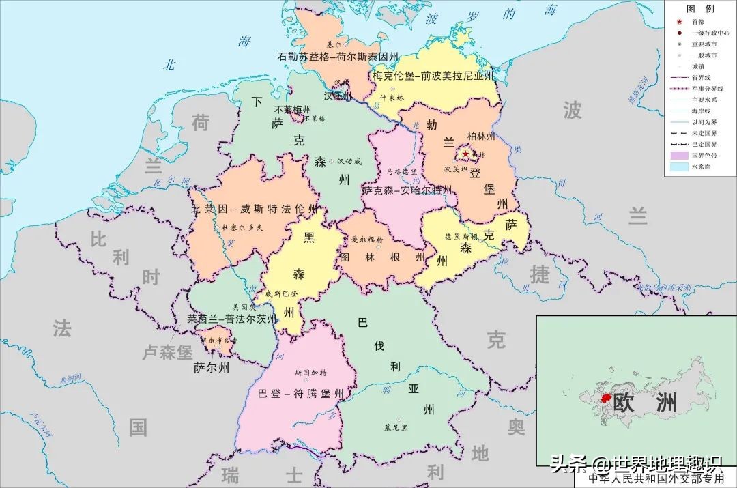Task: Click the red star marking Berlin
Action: (x=466, y=154)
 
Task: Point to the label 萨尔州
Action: (x=212, y=368)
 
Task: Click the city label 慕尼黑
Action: (x=396, y=428)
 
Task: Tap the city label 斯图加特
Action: (x=310, y=373)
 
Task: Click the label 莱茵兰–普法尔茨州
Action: (x=232, y=319)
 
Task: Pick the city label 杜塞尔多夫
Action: (x=242, y=227)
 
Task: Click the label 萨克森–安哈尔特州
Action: (x=407, y=190)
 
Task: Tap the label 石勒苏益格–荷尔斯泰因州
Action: (x=338, y=57)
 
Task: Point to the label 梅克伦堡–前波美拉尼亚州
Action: (x=433, y=76)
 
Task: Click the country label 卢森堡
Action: (x=167, y=353)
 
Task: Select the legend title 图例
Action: (x=700, y=9)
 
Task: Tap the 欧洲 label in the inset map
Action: (x=645, y=402)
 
